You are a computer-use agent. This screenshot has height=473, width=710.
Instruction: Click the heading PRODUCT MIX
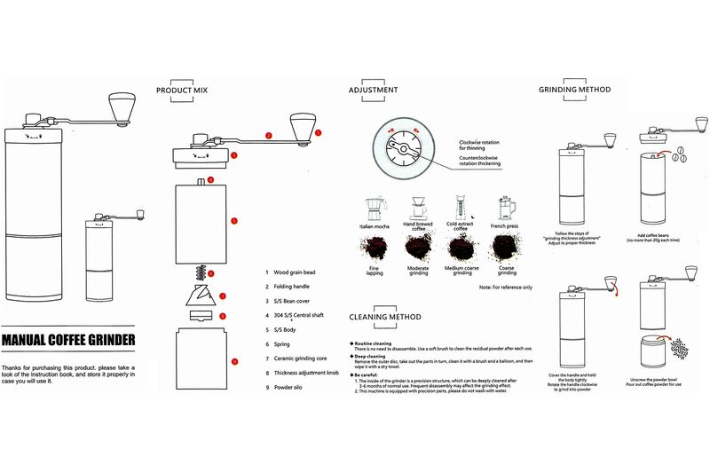[x=188, y=91]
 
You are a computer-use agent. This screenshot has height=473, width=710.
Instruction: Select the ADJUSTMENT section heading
[x=373, y=91]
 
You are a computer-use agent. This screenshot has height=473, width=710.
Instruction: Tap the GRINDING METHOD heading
[x=574, y=90]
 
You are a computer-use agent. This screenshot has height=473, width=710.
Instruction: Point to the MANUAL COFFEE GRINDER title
[x=68, y=339]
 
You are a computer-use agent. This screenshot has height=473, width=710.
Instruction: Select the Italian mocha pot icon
[x=374, y=209]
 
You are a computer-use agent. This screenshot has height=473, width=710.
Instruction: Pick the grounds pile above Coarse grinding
[x=506, y=248]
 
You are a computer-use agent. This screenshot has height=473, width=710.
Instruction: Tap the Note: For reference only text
[x=505, y=288]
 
